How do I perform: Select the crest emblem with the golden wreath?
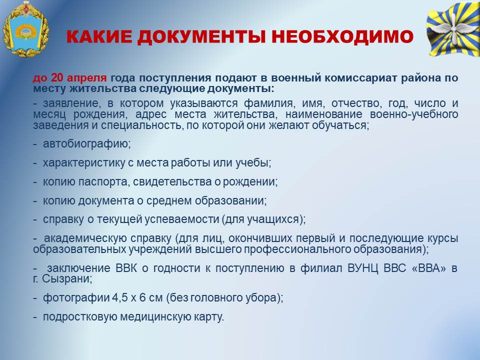pyautogui.click(x=25, y=30)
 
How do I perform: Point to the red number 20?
pyautogui.click(x=57, y=78)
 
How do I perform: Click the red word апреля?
pyautogui.click(x=87, y=78)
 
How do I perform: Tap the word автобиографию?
pyautogui.click(x=86, y=144)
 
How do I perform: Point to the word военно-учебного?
pyautogui.click(x=414, y=114)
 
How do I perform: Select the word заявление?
pyautogui.click(x=71, y=103)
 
